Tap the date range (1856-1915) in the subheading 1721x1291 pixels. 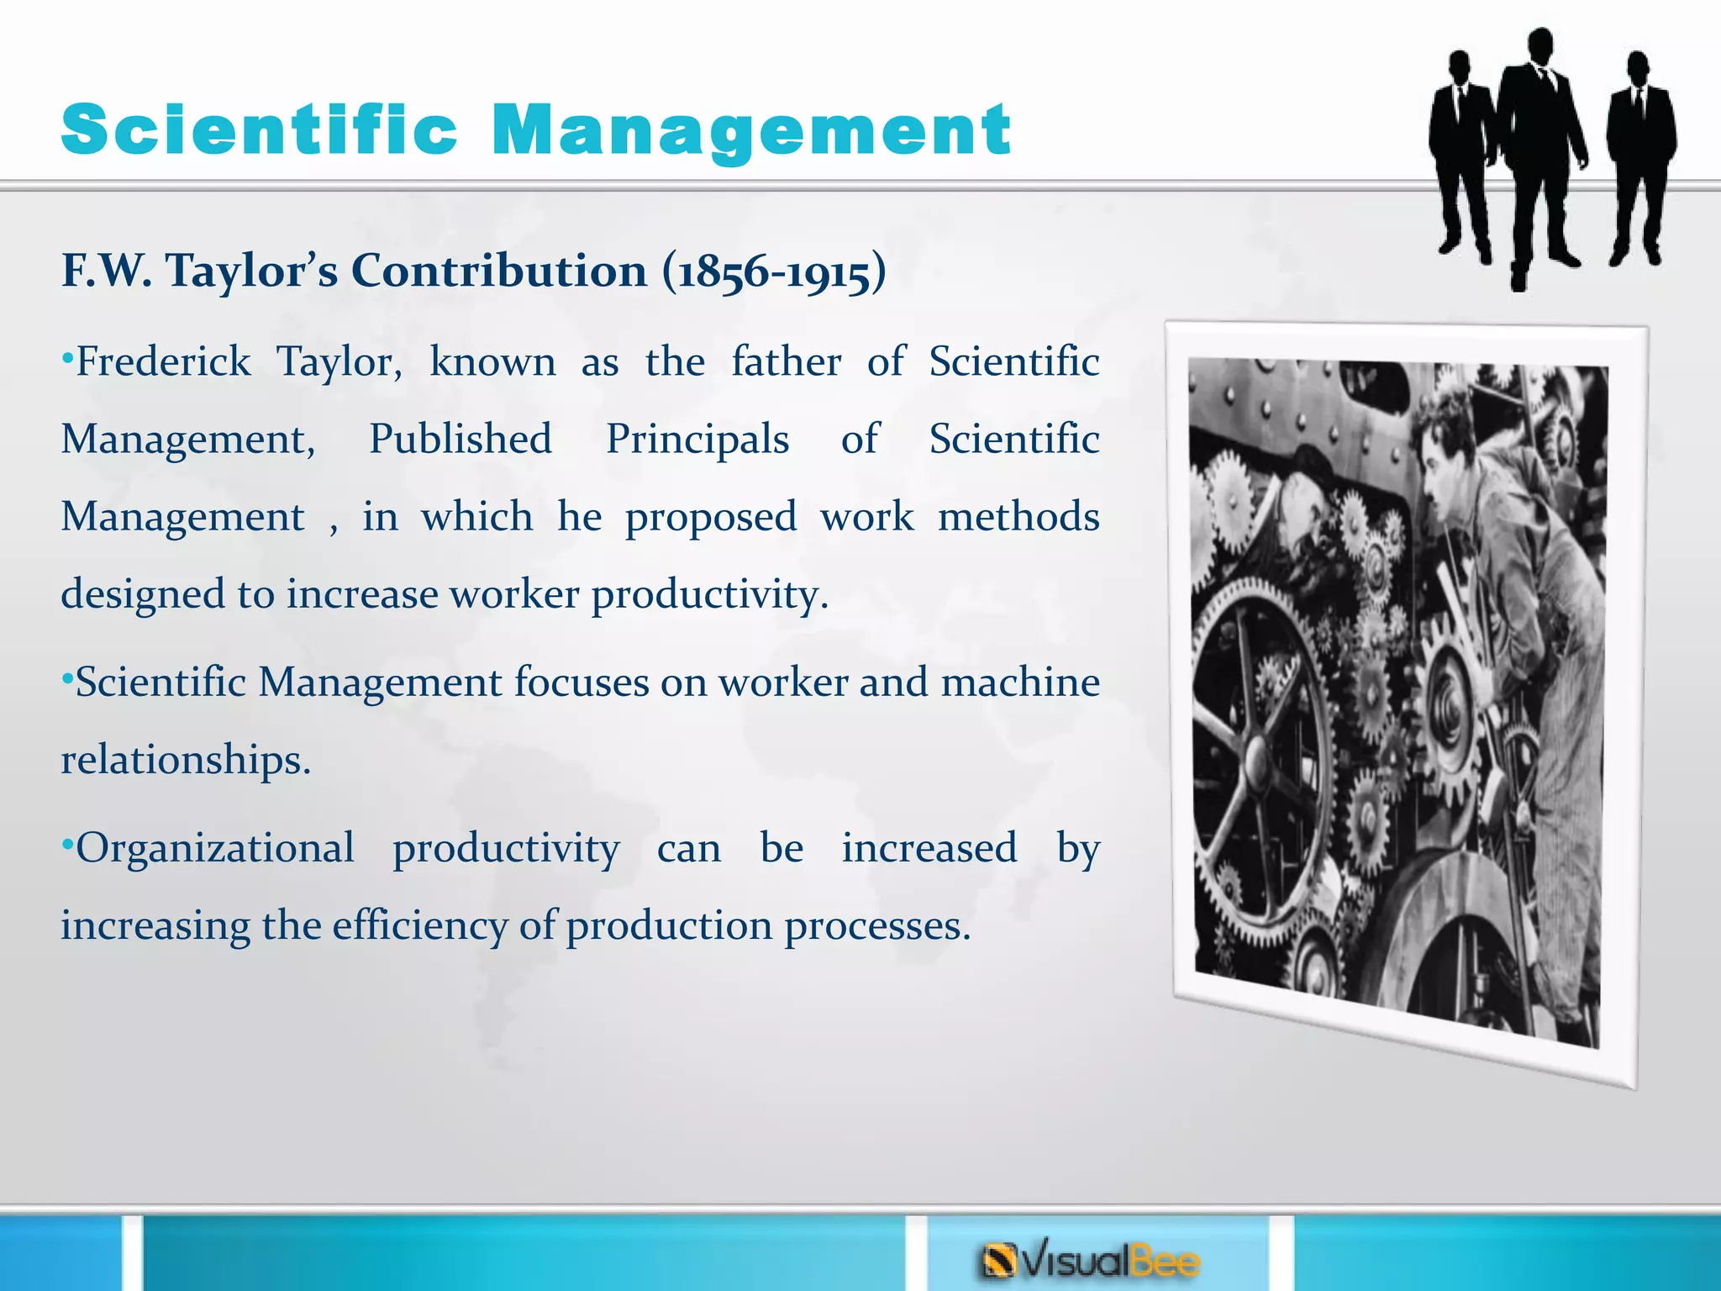click(x=773, y=272)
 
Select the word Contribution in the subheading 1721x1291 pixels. click(x=498, y=271)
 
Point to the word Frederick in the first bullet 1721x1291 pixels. click(x=163, y=362)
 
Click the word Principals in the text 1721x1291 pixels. click(x=697, y=440)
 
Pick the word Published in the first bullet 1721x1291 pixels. click(x=461, y=439)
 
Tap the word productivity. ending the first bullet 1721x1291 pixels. click(x=710, y=595)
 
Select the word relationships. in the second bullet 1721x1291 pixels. click(x=186, y=760)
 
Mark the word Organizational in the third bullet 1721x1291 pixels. click(x=215, y=848)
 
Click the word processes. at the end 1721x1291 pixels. click(x=877, y=925)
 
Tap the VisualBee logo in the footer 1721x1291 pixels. click(x=1090, y=1261)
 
